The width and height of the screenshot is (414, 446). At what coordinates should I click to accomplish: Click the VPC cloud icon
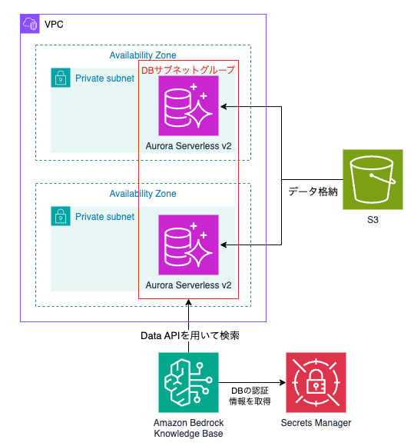click(x=31, y=24)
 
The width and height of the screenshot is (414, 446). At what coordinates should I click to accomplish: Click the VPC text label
click(x=55, y=25)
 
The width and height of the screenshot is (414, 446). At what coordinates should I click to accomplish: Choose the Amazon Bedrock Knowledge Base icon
click(x=188, y=383)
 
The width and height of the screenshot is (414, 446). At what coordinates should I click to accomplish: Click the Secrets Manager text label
click(x=316, y=423)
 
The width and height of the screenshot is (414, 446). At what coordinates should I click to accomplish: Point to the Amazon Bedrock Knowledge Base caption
click(x=188, y=428)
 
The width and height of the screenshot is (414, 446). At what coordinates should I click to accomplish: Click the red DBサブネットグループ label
click(x=188, y=70)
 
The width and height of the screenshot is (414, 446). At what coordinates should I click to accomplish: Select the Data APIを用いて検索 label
click(x=188, y=335)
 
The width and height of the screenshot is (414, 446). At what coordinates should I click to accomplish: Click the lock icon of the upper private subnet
click(x=61, y=78)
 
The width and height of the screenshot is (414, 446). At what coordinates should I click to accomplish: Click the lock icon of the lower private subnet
click(x=61, y=216)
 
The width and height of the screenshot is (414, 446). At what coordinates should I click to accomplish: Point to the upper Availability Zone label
click(x=143, y=55)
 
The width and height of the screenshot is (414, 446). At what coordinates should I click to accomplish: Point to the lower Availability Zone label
click(x=143, y=194)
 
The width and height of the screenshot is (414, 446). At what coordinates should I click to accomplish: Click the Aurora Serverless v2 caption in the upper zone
click(x=188, y=145)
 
